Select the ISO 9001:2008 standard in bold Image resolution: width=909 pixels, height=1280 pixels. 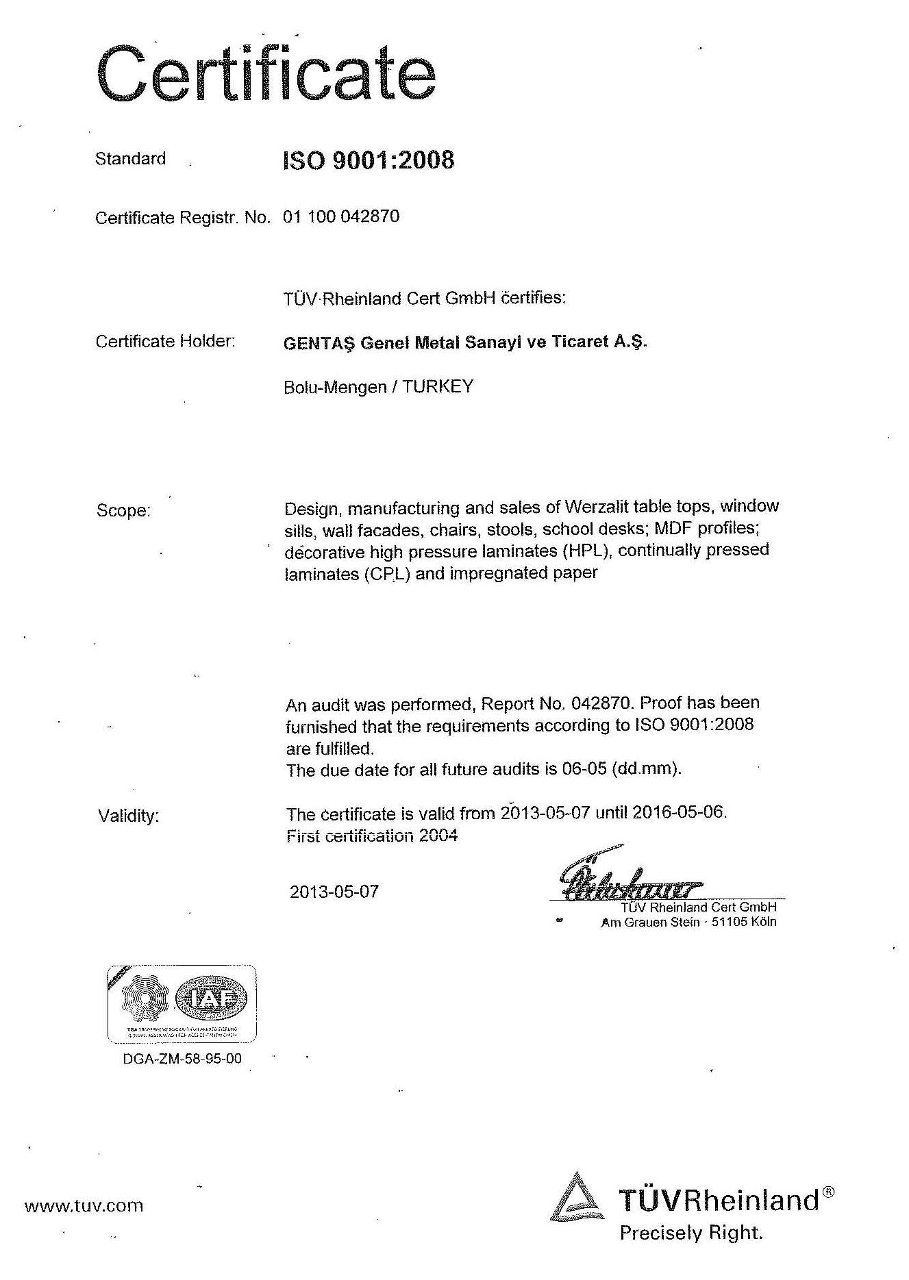click(369, 160)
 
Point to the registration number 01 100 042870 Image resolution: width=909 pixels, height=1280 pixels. click(341, 217)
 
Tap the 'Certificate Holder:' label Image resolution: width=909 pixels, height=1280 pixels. click(165, 341)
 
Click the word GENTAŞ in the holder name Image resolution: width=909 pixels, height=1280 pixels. click(319, 342)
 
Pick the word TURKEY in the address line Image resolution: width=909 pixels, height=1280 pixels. click(438, 386)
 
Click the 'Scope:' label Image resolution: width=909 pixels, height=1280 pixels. click(123, 510)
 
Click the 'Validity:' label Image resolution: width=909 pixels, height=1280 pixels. click(128, 816)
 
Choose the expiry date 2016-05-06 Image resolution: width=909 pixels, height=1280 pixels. click(678, 813)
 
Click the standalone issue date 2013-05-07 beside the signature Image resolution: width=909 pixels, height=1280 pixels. click(334, 892)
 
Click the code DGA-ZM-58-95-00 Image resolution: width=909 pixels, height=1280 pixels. click(182, 1059)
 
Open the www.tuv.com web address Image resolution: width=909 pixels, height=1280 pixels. click(84, 1205)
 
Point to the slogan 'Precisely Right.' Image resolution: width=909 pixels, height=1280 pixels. click(690, 1233)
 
